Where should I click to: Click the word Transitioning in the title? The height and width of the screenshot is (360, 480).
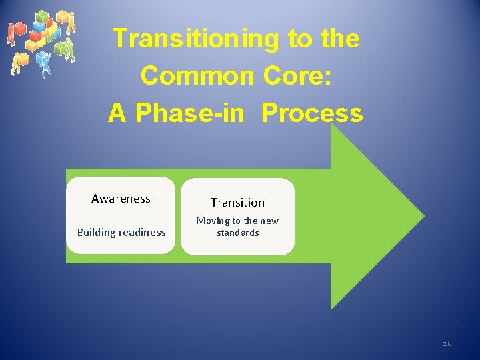pos(197,39)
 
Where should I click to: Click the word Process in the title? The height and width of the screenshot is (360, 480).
pos(312,113)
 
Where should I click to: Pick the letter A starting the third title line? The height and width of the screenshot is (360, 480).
pos(117,113)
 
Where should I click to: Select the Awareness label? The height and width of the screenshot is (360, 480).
pos(121,199)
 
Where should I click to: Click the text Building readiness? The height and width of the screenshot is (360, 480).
pos(121,233)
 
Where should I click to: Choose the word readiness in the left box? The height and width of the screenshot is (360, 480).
pos(141,233)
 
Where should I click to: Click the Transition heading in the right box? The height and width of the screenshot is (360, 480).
pos(237,203)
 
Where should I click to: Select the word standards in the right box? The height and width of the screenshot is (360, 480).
pos(237,233)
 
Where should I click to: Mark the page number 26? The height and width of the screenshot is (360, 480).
pos(447,343)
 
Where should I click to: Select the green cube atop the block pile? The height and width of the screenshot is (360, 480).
pos(41,16)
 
